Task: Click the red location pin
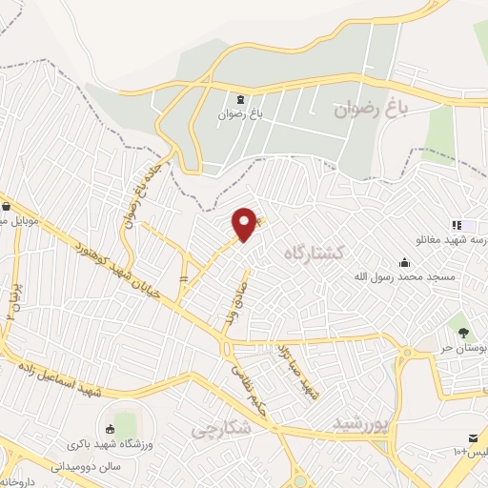(245, 224)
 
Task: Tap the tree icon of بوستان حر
(463, 333)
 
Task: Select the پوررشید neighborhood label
(363, 422)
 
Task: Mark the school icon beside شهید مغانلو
(456, 225)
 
